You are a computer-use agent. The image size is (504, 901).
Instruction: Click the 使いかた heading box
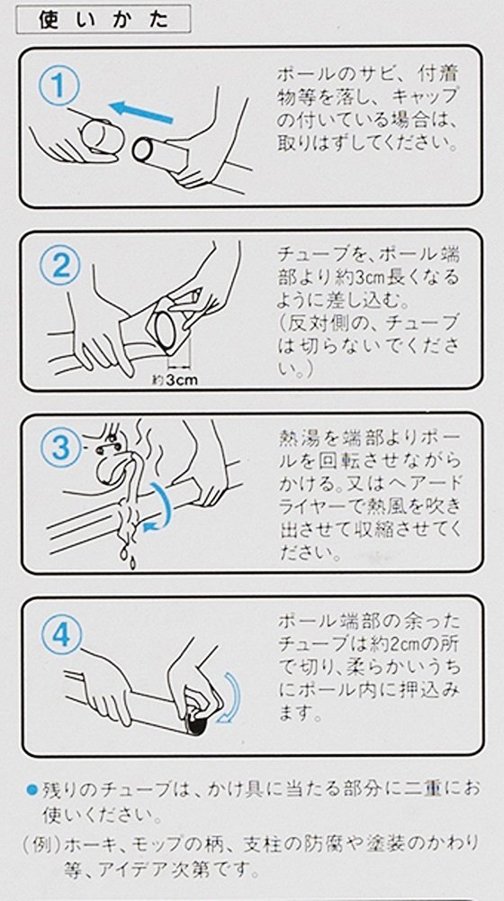pyautogui.click(x=103, y=20)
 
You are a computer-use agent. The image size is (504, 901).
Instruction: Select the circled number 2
pyautogui.click(x=59, y=267)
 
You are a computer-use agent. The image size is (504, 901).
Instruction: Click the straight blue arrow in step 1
pyautogui.click(x=141, y=111)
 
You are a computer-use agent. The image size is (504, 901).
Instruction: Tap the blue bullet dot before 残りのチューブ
pyautogui.click(x=32, y=790)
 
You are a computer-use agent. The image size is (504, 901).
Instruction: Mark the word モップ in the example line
pyautogui.click(x=164, y=844)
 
